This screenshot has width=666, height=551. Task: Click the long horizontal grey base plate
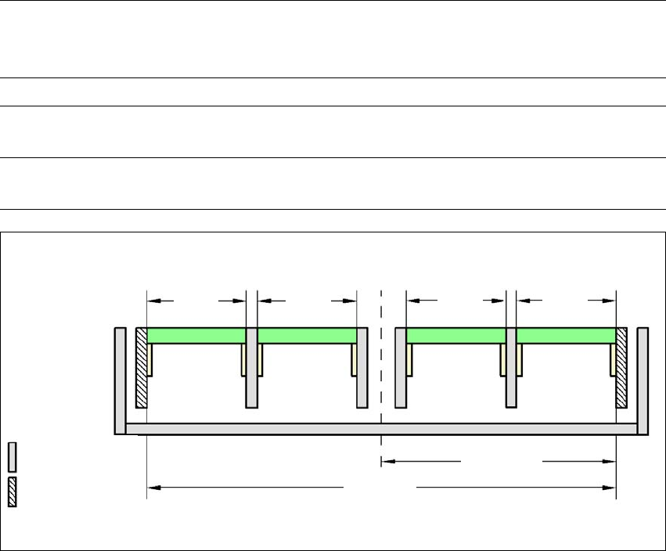pyautogui.click(x=381, y=428)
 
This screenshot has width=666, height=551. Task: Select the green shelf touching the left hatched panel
pyautogui.click(x=196, y=335)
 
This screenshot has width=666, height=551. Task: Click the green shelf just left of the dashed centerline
pyautogui.click(x=307, y=335)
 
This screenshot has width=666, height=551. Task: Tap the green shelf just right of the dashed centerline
pyautogui.click(x=455, y=335)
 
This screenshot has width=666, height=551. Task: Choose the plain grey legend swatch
pyautogui.click(x=13, y=456)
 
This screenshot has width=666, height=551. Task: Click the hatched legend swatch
pyautogui.click(x=13, y=490)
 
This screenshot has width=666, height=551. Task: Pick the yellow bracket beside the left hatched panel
pyautogui.click(x=150, y=359)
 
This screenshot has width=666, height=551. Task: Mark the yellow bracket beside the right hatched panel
pyautogui.click(x=613, y=359)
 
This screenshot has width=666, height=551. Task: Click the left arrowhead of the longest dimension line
pyautogui.click(x=154, y=488)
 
